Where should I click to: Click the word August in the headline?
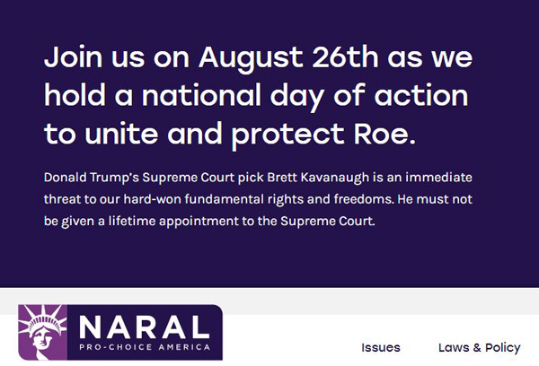coord(251,58)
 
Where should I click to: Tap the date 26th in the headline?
coord(345,57)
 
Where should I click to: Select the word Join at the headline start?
coord(73,57)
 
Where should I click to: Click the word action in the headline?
coord(421,95)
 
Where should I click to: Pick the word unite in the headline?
coord(121,133)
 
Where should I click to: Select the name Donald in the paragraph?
coord(65,178)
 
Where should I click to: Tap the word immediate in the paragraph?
coord(438,178)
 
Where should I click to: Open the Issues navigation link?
coord(381,347)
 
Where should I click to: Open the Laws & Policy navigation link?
coord(480,348)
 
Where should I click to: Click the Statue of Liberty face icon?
coord(42,332)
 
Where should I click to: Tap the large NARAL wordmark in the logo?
coord(145,327)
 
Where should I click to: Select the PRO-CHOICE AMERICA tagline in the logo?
coord(145,347)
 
